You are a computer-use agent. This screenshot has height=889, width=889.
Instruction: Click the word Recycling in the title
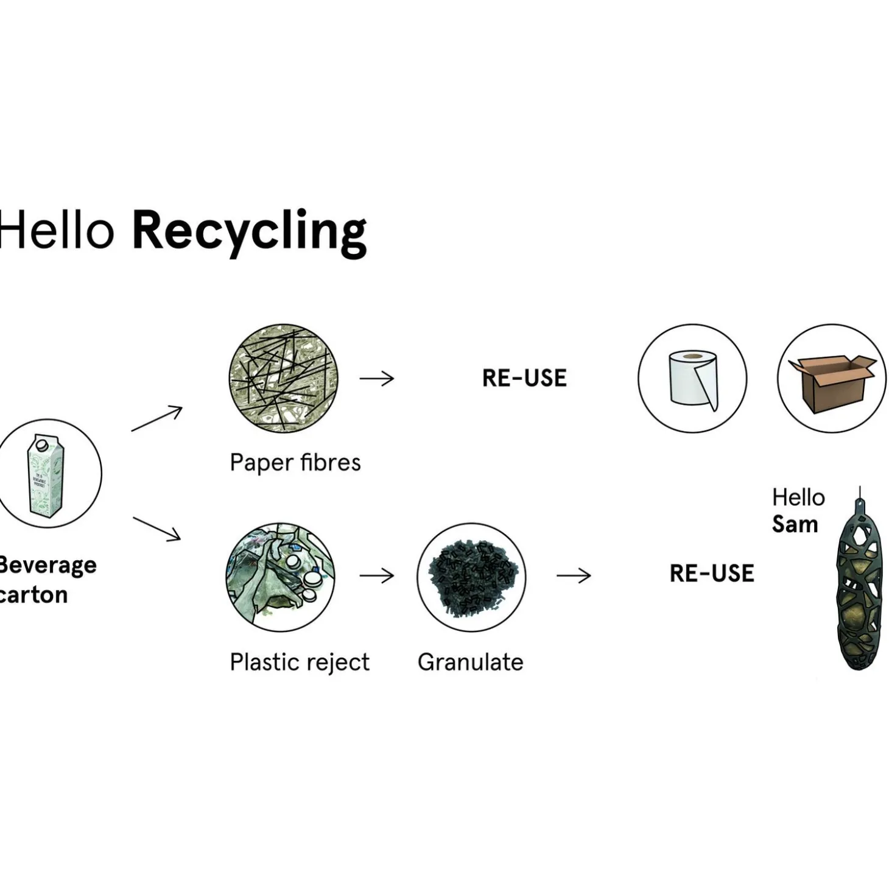point(249,232)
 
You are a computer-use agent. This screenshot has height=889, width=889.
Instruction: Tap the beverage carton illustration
point(46,474)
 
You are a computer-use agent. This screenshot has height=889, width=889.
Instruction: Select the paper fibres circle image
point(283,378)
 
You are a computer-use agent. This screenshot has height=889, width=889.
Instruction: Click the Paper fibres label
point(295,463)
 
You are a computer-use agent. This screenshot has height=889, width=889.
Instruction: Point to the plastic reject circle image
point(280,576)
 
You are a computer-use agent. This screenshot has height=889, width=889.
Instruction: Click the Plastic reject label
point(299,662)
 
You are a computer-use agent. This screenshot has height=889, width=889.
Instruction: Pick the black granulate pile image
point(471,577)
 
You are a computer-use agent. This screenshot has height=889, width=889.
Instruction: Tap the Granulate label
point(470,662)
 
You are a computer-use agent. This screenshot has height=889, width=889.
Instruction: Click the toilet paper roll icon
point(692,378)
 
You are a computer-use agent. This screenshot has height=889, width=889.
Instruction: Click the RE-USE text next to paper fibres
point(524,378)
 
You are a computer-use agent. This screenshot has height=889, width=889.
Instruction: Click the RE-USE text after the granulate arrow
point(712,574)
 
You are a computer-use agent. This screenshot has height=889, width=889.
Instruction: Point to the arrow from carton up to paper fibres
point(156,418)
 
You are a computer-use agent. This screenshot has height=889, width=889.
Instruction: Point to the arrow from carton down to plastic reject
point(156,528)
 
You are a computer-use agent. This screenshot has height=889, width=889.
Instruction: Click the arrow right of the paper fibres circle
point(377,379)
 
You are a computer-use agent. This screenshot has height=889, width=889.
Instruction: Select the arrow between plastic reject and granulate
point(377,575)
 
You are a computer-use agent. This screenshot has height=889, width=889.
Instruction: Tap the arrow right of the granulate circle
point(574,575)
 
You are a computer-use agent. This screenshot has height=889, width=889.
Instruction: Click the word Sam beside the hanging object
point(795,524)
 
